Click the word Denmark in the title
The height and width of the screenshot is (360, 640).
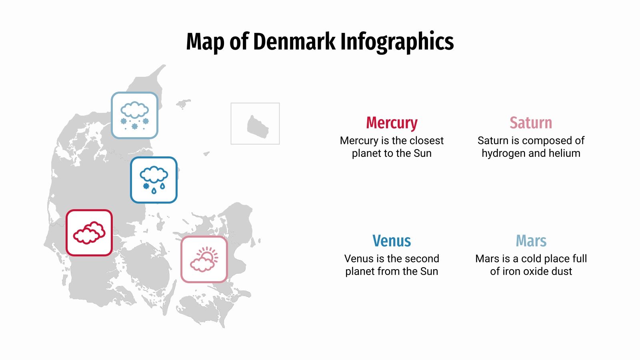pyautogui.click(x=294, y=42)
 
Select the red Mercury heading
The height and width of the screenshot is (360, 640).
pyautogui.click(x=392, y=123)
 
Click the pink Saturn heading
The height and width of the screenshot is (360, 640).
pyautogui.click(x=531, y=123)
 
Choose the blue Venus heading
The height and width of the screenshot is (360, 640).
pyautogui.click(x=392, y=241)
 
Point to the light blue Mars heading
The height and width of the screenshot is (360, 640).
pyautogui.click(x=531, y=241)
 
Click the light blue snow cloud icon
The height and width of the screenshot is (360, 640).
pyautogui.click(x=134, y=115)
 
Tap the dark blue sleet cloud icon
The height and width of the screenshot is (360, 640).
pyautogui.click(x=154, y=180)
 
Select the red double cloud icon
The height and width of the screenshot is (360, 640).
pyautogui.click(x=89, y=232)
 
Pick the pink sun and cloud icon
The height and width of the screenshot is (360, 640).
pyautogui.click(x=204, y=259)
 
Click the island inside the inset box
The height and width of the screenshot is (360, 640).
pyautogui.click(x=257, y=127)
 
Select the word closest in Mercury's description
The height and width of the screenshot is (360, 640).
pyautogui.click(x=427, y=140)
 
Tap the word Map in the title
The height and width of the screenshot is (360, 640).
pyautogui.click(x=205, y=42)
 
